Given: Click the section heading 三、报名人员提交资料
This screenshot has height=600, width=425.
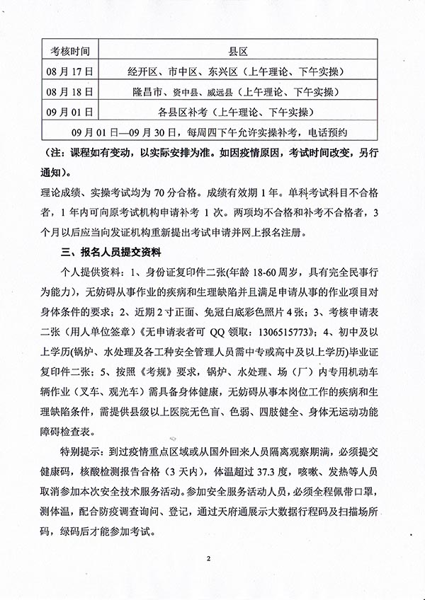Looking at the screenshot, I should coord(112,252).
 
